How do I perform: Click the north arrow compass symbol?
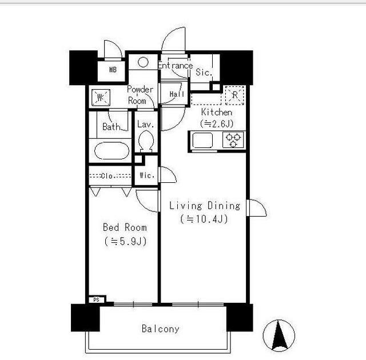pyautogui.click(x=279, y=335)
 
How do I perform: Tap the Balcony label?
pyautogui.click(x=161, y=329)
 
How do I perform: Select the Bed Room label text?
pyautogui.click(x=125, y=227)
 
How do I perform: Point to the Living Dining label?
pyautogui.click(x=205, y=206)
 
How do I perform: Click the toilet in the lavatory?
pyautogui.click(x=146, y=141)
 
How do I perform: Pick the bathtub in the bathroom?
pyautogui.click(x=112, y=151)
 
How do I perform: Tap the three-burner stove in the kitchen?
pyautogui.click(x=233, y=139)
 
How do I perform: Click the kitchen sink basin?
pyautogui.click(x=202, y=140)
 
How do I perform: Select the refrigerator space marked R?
pyautogui.click(x=235, y=95)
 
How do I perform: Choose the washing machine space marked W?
pyautogui.click(x=101, y=98)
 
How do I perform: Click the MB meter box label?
pyautogui.click(x=113, y=70)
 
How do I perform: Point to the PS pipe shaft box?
pyautogui.click(x=97, y=299)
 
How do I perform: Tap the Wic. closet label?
pyautogui.click(x=147, y=175)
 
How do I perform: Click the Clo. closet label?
pyautogui.click(x=107, y=176)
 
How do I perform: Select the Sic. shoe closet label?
pyautogui.click(x=204, y=72)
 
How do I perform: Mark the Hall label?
pyautogui.click(x=177, y=94)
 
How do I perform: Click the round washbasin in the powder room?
pyautogui.click(x=143, y=62)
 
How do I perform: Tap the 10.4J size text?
pyautogui.click(x=204, y=219)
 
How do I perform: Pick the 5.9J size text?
pyautogui.click(x=125, y=241)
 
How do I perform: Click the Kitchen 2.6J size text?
pyautogui.click(x=217, y=123)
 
